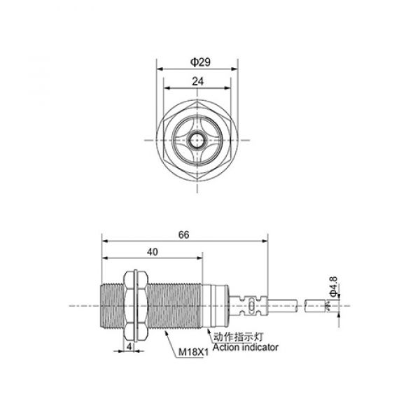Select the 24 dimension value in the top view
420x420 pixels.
click(x=198, y=81)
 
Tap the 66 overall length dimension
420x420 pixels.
click(x=185, y=235)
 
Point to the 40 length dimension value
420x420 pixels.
click(x=152, y=252)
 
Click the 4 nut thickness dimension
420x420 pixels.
click(x=130, y=346)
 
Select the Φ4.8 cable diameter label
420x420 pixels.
click(x=334, y=288)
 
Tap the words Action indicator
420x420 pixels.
click(x=245, y=347)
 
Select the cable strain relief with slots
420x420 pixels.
click(x=249, y=304)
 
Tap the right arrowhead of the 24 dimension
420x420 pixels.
click(x=230, y=88)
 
